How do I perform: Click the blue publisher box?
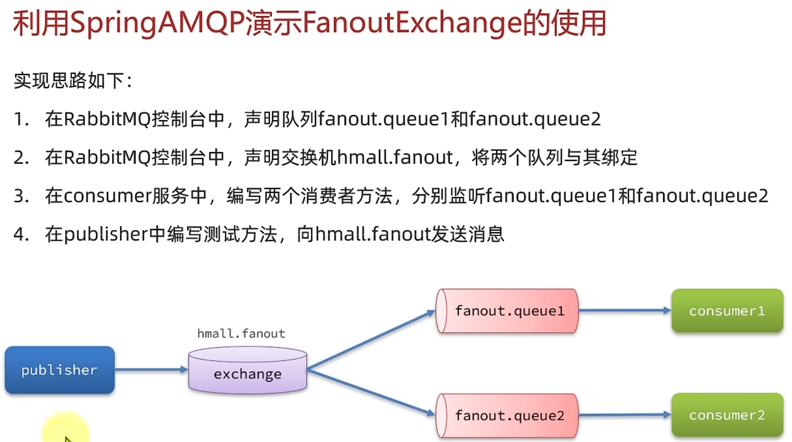(60, 370)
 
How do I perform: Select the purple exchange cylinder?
(248, 370)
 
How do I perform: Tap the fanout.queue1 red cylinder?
(507, 311)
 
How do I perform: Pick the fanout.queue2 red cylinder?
(507, 415)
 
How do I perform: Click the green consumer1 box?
(727, 311)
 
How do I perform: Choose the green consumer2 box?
(727, 415)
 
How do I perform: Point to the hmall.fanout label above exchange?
(241, 333)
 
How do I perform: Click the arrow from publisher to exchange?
(151, 369)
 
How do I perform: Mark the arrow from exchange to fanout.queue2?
(370, 392)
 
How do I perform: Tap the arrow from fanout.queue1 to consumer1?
(625, 310)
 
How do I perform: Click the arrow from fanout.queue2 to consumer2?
(625, 415)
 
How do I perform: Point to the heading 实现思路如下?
(72, 81)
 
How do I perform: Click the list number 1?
(21, 119)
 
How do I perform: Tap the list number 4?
(21, 234)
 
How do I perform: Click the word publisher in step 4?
(106, 234)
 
